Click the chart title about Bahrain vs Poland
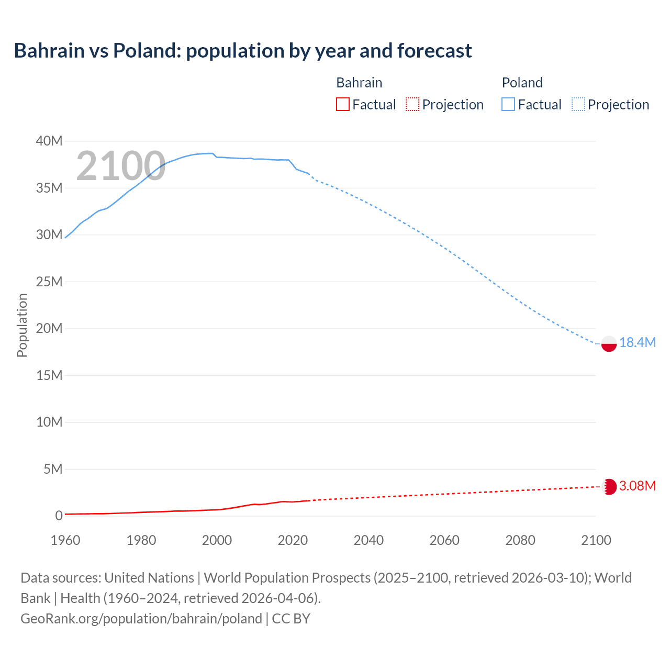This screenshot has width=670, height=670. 243,51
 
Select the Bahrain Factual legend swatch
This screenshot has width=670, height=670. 342,104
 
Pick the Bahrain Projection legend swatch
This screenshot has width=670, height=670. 412,104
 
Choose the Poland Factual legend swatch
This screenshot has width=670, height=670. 508,104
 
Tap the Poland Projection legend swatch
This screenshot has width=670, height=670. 578,104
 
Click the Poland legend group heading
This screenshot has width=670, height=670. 522,83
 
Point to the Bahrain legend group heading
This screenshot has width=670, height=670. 359,83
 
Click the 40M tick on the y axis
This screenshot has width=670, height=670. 49,141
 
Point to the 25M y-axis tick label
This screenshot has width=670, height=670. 49,282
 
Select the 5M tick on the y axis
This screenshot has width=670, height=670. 52,469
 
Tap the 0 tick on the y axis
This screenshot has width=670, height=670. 59,516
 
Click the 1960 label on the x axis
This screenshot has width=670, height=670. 65,540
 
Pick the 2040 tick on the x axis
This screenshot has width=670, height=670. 368,540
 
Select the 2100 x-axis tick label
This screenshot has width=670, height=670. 596,540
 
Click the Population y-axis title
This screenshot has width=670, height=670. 22,325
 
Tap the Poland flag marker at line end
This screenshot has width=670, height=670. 609,343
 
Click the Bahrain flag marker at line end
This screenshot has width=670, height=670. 609,487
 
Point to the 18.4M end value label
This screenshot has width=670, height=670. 637,342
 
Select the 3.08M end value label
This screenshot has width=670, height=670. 637,486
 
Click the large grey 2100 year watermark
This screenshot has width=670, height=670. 121,166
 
